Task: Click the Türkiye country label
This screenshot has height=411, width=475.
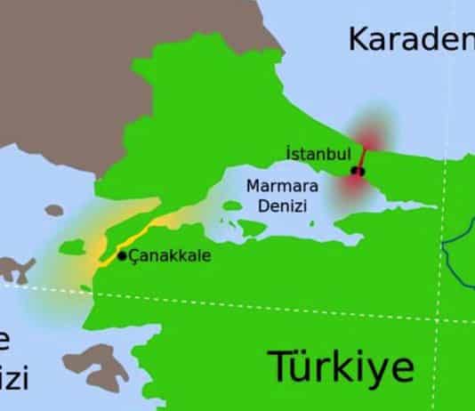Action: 342,366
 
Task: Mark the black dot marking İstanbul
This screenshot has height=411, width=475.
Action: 357,170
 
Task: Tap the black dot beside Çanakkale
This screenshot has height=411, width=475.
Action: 122,256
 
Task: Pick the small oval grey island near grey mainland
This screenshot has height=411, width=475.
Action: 53,212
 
